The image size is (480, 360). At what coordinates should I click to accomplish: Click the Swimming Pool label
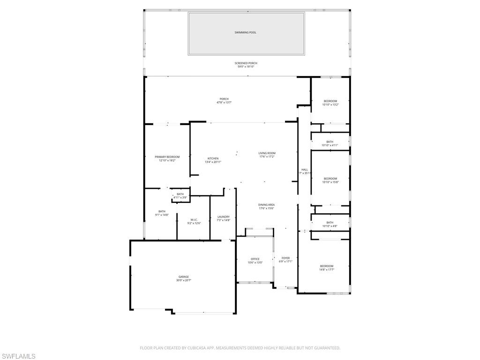(x=246, y=32)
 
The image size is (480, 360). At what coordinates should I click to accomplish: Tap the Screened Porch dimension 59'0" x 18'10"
(x=246, y=67)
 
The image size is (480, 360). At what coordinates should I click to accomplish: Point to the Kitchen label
(x=213, y=158)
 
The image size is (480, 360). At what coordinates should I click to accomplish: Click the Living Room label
(x=267, y=153)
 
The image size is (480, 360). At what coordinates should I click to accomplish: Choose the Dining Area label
(x=266, y=205)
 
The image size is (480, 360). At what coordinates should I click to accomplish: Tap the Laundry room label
(x=224, y=217)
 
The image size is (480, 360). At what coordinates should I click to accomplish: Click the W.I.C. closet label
(x=194, y=219)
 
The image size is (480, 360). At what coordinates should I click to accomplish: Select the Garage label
(x=183, y=277)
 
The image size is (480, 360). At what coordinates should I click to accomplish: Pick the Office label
(x=255, y=259)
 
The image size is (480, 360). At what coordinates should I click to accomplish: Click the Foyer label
(x=285, y=258)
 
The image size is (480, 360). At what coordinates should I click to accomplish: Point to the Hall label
(x=305, y=169)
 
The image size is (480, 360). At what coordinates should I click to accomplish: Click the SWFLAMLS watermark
(x=18, y=357)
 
